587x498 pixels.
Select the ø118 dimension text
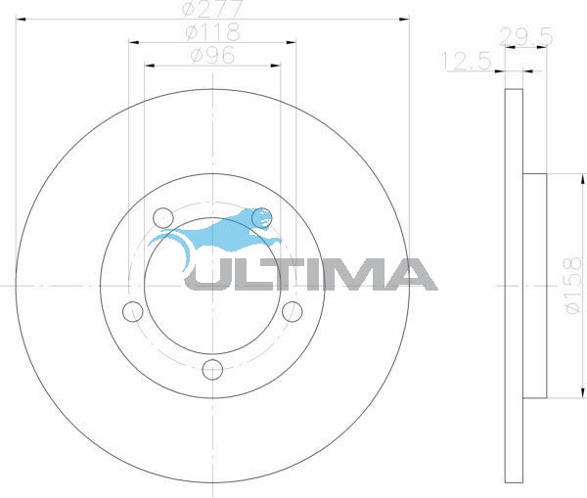212,32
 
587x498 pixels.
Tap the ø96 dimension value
212,57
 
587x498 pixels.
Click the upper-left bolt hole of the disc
162,216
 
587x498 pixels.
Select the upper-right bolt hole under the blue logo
261,216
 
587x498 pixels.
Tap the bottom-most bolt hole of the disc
212,370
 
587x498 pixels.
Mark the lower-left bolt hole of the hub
133,311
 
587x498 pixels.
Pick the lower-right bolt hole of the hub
292,311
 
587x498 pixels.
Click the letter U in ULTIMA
206,274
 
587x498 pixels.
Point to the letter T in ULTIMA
281,274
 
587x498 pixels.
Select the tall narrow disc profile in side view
513,287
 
